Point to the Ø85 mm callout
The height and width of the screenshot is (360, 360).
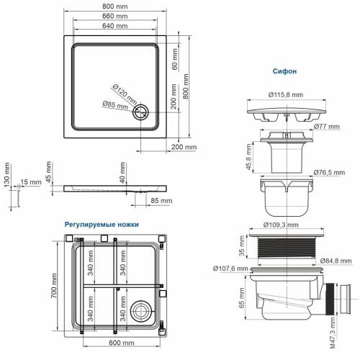click(x=119, y=107)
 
